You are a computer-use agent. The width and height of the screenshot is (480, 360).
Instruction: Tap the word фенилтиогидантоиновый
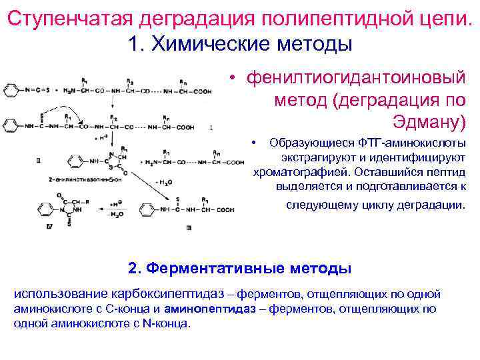click(356, 78)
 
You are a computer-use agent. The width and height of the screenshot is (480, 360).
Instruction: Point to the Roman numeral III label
click(189, 228)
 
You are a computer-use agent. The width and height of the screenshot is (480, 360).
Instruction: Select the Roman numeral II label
click(39, 160)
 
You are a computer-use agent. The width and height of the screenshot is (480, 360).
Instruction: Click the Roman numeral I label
click(211, 127)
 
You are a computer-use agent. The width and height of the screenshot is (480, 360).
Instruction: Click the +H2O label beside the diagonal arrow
click(164, 181)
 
